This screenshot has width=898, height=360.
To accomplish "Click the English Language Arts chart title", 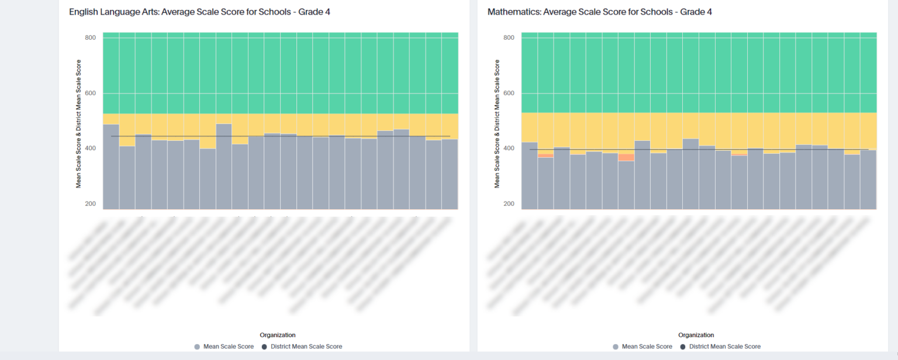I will (x=199, y=12).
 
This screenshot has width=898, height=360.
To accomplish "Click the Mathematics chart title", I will (x=599, y=12).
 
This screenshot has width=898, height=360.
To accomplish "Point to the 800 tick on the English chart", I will (x=90, y=37).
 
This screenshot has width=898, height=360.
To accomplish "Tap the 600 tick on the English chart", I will (x=90, y=93).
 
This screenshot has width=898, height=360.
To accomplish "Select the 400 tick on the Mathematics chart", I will (x=509, y=148).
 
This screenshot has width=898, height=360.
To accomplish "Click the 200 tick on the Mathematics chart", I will (x=509, y=204).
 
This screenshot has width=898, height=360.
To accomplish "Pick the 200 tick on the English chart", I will (x=90, y=204).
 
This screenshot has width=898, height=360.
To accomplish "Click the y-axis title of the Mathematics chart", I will (x=497, y=123).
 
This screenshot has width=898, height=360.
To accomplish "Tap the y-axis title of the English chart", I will (x=78, y=123).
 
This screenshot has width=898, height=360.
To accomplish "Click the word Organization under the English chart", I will (x=278, y=335).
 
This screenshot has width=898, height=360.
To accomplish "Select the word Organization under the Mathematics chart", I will (x=696, y=335).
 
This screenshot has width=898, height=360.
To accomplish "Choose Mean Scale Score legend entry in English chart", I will (x=228, y=347).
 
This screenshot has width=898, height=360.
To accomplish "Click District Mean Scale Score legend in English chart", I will (x=306, y=347).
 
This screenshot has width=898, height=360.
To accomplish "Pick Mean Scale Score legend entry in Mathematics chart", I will (x=647, y=347).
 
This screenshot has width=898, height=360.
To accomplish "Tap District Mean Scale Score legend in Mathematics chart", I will (x=724, y=347).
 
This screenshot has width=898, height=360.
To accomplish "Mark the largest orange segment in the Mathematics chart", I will (x=626, y=157).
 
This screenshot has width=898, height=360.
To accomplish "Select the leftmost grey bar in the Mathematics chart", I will (x=529, y=175).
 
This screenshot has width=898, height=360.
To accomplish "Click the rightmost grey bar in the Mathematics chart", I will (x=868, y=179).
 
